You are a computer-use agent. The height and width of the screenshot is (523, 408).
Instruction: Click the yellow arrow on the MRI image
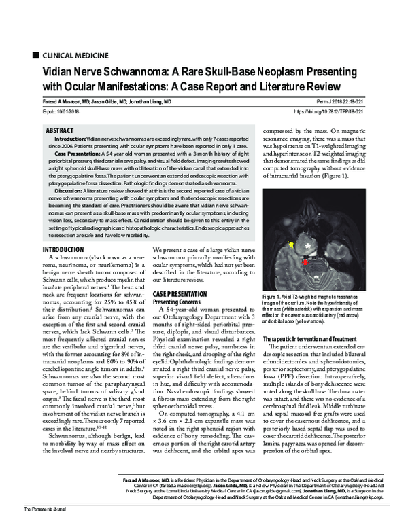292,244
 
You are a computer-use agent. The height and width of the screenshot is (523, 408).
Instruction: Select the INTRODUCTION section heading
63,251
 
